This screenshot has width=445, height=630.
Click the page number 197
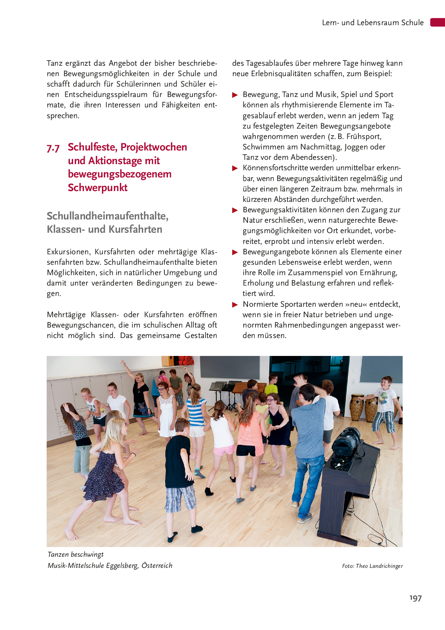coord(416,598)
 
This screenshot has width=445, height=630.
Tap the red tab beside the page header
coord(437,22)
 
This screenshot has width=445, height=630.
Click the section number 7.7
coord(53,148)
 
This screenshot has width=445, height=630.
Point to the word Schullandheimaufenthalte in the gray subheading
coord(107,216)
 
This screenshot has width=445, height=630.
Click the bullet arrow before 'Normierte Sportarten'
coord(235,305)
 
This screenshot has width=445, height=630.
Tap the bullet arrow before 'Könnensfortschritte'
coord(235,168)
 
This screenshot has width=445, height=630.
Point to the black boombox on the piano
coord(347,442)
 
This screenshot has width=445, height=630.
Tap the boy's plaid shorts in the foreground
coord(181,497)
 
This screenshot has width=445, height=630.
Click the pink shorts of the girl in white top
coord(224,450)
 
